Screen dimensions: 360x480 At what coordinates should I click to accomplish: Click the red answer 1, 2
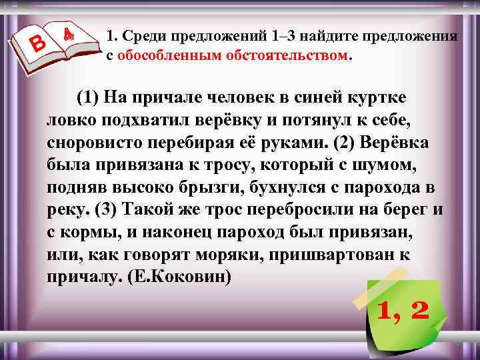tap(403, 309)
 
